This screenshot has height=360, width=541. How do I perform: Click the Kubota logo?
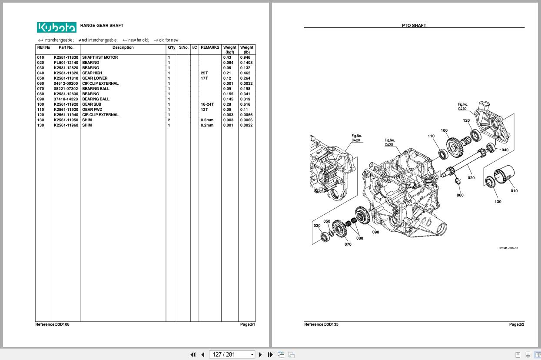pyautogui.click(x=56, y=27)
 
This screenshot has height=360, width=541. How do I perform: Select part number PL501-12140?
pyautogui.click(x=66, y=63)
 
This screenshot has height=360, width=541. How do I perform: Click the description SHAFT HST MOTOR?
pyautogui.click(x=100, y=57)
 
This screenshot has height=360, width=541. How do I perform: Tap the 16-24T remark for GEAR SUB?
pyautogui.click(x=207, y=104)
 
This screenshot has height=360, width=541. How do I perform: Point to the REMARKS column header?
pyautogui.click(x=210, y=47)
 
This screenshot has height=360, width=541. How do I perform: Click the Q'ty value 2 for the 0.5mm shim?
pyautogui.click(x=169, y=120)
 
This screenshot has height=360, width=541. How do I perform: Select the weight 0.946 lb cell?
pyautogui.click(x=245, y=57)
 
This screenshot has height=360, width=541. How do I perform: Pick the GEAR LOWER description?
pyautogui.click(x=95, y=78)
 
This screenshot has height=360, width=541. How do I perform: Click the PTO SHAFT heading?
pyautogui.click(x=414, y=25)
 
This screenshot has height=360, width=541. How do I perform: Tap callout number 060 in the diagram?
pyautogui.click(x=460, y=195)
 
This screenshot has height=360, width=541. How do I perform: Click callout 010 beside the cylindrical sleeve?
pyautogui.click(x=514, y=191)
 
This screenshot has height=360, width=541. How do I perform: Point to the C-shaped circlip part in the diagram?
pyautogui.click(x=457, y=181)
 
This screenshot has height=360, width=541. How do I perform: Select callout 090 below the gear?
pyautogui.click(x=375, y=232)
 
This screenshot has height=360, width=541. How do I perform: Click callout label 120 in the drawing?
pyautogui.click(x=466, y=120)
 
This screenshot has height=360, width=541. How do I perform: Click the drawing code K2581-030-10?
pyautogui.click(x=509, y=248)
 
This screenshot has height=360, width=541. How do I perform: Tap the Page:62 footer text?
pyautogui.click(x=517, y=324)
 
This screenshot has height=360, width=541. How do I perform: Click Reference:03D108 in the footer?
pyautogui.click(x=52, y=324)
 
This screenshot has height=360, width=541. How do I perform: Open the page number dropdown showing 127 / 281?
pyautogui.click(x=232, y=354)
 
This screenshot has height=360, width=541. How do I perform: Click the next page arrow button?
pyautogui.click(x=260, y=354)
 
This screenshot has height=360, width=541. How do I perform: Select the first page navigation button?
pyautogui.click(x=193, y=354)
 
